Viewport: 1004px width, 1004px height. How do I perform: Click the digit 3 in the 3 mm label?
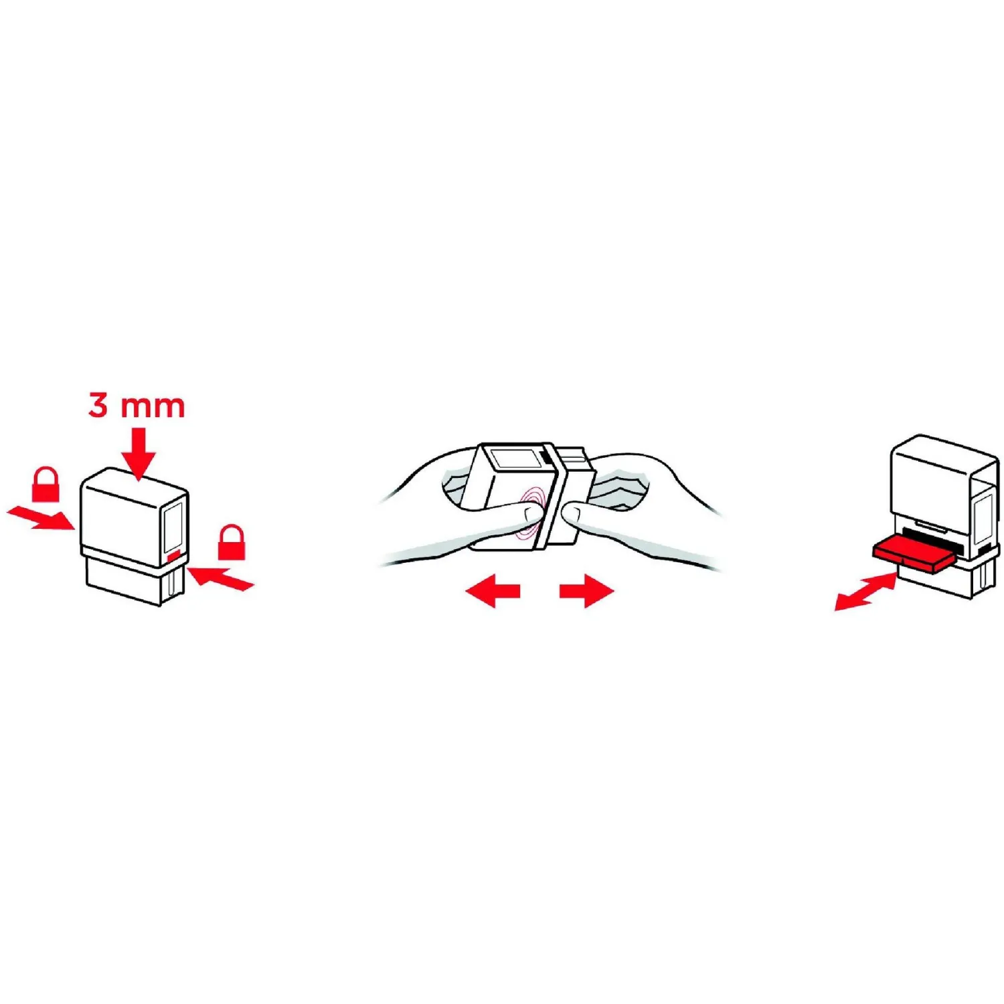click(x=98, y=406)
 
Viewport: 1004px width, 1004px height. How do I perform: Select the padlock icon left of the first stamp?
click(x=46, y=484)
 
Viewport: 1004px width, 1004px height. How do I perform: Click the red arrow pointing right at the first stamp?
click(x=40, y=517)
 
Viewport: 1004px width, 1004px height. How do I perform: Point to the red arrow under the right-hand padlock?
click(x=220, y=578)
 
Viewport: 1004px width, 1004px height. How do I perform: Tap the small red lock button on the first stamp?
click(x=173, y=556)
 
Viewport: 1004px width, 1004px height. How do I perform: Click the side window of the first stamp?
click(x=173, y=526)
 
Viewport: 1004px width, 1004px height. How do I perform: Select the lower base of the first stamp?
click(x=134, y=581)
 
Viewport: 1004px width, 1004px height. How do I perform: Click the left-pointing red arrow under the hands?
click(x=493, y=590)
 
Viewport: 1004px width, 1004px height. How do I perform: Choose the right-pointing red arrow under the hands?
click(x=586, y=590)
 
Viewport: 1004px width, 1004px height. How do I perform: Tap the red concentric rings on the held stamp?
click(x=533, y=512)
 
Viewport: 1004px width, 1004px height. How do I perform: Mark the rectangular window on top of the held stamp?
click(x=516, y=460)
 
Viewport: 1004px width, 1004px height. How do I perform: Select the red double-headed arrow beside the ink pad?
click(x=865, y=591)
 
